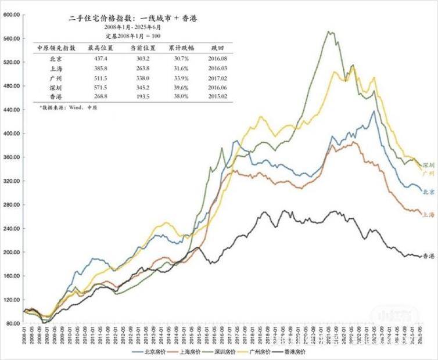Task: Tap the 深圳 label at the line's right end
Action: (428, 165)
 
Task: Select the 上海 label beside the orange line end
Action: (428, 214)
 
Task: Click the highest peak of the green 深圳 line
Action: (330, 32)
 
